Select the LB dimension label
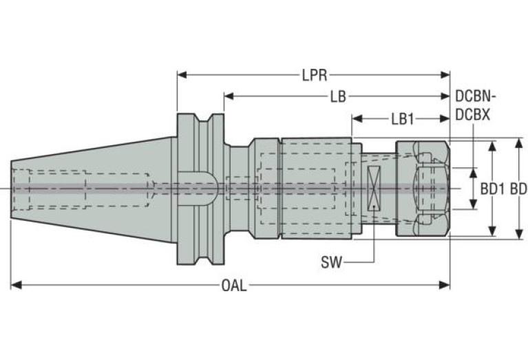[337, 97]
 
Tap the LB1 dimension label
[402, 118]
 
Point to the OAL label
[233, 286]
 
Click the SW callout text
[332, 262]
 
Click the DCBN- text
[474, 97]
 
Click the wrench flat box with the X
[374, 188]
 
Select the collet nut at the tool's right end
[422, 188]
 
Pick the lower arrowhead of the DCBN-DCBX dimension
[473, 203]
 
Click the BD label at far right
[518, 188]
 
